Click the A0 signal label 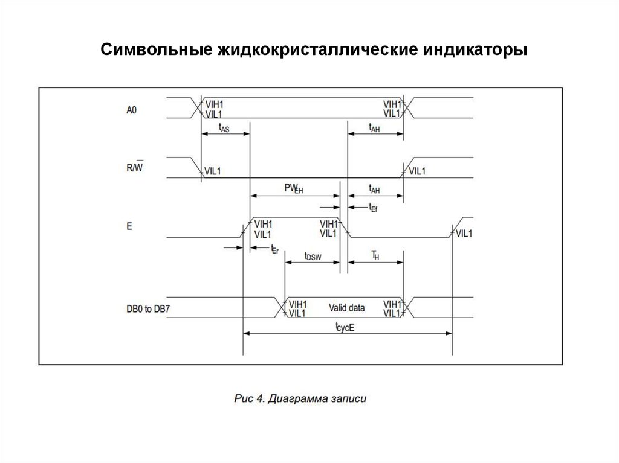(132, 110)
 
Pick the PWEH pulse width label (293, 188)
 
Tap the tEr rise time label (274, 249)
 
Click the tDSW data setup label (313, 257)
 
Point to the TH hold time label (375, 256)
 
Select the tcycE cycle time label (345, 328)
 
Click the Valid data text (346, 308)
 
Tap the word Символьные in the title (150, 49)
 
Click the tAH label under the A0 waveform (374, 127)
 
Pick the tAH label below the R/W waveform (374, 189)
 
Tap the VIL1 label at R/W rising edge (417, 171)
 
